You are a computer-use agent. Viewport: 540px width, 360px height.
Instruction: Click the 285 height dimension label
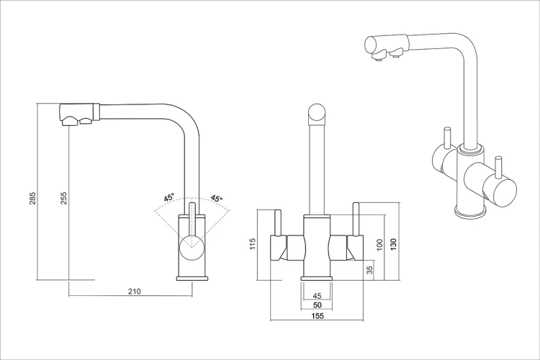tap(32, 198)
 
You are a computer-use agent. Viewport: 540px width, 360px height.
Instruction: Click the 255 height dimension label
tap(63, 198)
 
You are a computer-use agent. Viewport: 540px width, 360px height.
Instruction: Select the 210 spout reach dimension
tap(135, 292)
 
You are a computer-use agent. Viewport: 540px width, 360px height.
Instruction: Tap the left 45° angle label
tap(169, 198)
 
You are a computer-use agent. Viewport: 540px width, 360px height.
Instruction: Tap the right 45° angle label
tap(217, 199)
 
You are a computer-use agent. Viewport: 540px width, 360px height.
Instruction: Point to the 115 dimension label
tap(253, 244)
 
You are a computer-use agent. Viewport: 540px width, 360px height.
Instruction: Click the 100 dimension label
tap(379, 245)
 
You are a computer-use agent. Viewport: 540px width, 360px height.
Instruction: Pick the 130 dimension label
tap(394, 244)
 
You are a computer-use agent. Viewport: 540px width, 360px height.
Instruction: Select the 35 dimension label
tap(370, 270)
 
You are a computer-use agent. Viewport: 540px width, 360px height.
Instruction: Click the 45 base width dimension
tap(318, 296)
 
